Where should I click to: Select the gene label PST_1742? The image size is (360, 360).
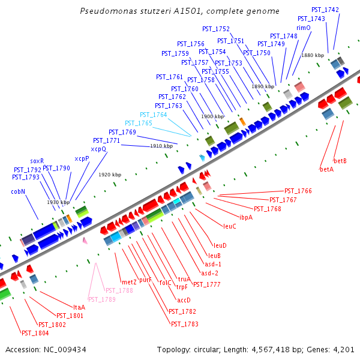point(325,10)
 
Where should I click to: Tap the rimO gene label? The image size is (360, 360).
point(303,28)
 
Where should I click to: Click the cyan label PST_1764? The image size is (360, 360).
point(154,115)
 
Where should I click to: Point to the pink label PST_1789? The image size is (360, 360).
point(101,299)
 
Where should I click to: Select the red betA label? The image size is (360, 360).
point(326,169)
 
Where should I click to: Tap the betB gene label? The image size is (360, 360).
point(340,161)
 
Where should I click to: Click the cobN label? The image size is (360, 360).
point(18,192)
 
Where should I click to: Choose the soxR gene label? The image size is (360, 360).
point(37,161)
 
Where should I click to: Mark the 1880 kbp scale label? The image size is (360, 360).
point(313,55)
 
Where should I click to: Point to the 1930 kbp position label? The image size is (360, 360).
point(58,202)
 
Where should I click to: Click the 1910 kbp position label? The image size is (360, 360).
point(161,146)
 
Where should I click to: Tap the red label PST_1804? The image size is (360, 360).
point(35,332)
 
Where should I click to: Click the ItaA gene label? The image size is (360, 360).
point(79,307)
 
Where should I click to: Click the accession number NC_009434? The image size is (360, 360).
point(62,349)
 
